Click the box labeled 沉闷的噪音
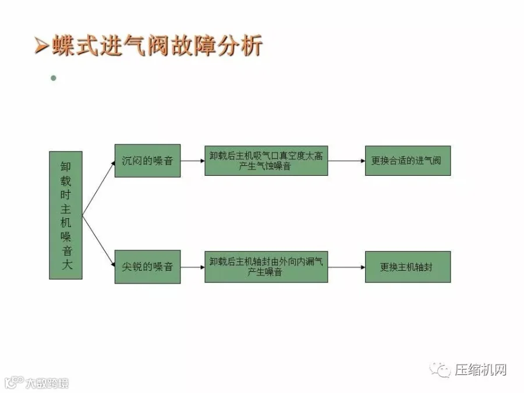[147, 161]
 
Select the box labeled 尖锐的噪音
[147, 267]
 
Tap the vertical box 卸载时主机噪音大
[65, 215]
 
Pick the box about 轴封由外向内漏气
[266, 267]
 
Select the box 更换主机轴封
[408, 267]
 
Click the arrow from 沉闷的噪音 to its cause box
[192, 161]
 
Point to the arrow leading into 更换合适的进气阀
[346, 161]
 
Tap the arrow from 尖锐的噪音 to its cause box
[192, 267]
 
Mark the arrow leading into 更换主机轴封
[346, 267]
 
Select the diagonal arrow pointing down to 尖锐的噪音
[98, 241]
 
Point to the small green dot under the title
[54, 77]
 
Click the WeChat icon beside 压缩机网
[441, 370]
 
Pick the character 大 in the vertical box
[65, 267]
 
